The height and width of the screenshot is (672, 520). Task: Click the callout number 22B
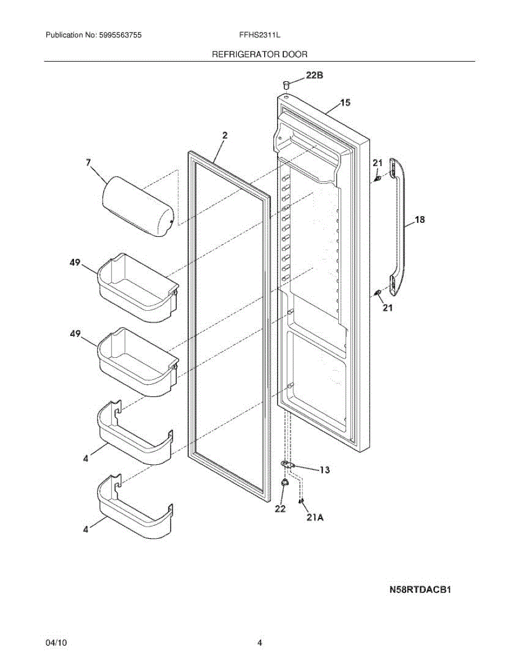[314, 76]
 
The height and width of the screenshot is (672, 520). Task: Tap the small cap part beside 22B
[287, 85]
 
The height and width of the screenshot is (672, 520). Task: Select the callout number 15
[345, 102]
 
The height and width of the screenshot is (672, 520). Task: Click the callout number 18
[419, 220]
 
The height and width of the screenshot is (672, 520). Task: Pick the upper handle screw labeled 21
[378, 179]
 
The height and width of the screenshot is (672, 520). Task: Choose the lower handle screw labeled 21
[378, 292]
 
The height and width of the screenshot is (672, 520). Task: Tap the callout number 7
[88, 162]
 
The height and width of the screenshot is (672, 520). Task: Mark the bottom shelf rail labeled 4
[135, 507]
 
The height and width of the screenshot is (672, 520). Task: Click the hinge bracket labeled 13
[289, 465]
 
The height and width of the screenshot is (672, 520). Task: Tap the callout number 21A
[315, 518]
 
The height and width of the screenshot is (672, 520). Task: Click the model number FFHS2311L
[259, 35]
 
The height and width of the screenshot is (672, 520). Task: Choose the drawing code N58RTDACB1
[421, 590]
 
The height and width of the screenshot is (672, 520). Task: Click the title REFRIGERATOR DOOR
[259, 54]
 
